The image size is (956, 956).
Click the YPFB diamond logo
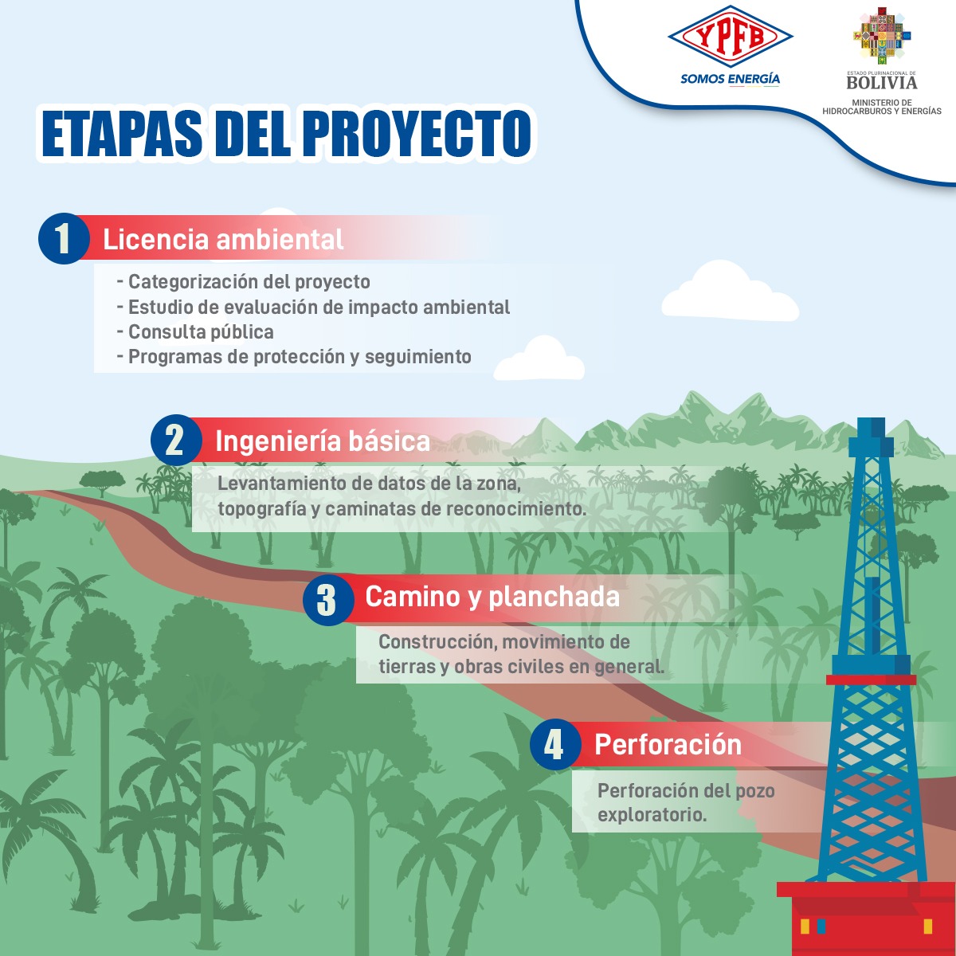coord(730,37)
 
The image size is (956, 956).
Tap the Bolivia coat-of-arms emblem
coord(882,37)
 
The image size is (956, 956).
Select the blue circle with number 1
coord(63,238)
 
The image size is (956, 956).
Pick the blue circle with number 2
coord(175,440)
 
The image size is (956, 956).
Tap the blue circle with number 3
coord(327,599)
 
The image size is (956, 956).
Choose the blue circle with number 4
coord(554,745)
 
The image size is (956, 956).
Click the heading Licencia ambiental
coord(223,239)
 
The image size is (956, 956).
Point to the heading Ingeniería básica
coord(322,441)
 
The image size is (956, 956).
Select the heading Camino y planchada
coord(492,596)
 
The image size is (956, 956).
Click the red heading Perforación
coord(668,744)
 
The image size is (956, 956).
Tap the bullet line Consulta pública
coord(201,331)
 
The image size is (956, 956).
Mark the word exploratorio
coord(652,815)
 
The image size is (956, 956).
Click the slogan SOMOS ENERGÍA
coord(730,79)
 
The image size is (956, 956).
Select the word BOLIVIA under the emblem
coord(882,83)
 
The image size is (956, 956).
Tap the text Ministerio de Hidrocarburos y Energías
coord(882,107)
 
